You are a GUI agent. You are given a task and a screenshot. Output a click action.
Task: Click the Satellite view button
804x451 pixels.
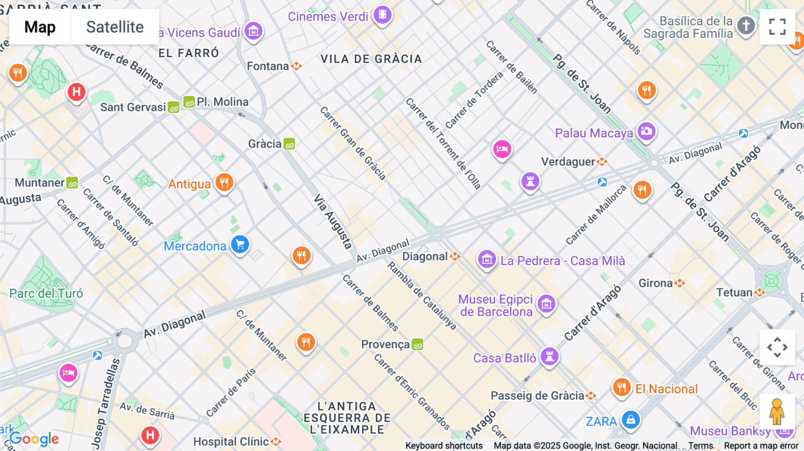pos(115,27)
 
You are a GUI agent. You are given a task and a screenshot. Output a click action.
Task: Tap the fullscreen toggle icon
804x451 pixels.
pos(777,27)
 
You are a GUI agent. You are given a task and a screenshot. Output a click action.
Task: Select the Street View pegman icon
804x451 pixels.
pos(777,411)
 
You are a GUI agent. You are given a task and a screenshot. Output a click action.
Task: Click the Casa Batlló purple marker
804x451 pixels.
pos(549,356)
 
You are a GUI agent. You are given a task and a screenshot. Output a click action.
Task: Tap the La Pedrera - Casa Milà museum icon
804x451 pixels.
pos(487,259)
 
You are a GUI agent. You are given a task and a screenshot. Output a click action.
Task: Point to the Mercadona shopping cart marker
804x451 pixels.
pos(240,244)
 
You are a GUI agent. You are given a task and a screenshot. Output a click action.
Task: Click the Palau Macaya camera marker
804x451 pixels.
pos(646,131)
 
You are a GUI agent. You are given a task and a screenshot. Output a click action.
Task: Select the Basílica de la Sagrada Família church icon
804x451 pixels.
pos(745,25)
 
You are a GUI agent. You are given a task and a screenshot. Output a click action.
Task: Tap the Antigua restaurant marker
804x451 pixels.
pos(224,182)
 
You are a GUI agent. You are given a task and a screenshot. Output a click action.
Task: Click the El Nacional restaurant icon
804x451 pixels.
pos(621,387)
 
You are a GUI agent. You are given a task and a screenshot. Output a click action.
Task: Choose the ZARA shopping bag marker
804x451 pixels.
pos(631,420)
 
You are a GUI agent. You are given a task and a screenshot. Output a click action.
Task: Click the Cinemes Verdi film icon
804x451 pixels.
pos(382,15)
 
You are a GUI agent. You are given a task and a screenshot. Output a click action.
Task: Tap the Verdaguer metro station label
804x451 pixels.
pos(568,162)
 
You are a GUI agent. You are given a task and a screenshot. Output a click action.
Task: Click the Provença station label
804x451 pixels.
pos(385,344)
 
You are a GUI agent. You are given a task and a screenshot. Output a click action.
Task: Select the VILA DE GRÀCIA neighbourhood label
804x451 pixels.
pos(371,59)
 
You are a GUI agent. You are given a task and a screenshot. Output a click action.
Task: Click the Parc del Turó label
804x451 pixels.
pos(46,293)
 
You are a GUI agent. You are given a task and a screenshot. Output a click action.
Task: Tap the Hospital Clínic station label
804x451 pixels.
pos(231,442)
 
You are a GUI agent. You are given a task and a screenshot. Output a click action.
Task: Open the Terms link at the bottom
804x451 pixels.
pos(700,446)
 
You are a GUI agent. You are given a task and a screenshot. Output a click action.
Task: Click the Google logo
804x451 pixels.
pos(34,439)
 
